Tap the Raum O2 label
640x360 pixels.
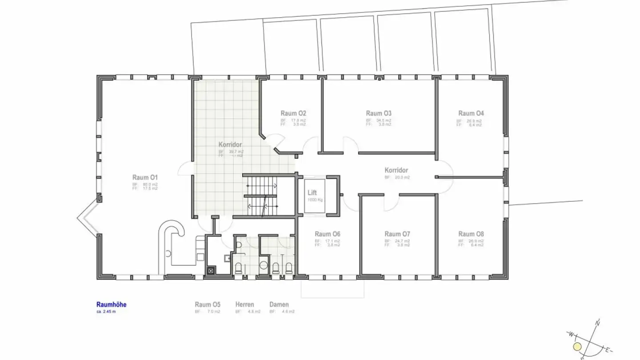(x=293, y=113)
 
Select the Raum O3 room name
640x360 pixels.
(x=379, y=113)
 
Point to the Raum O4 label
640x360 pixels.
(x=471, y=113)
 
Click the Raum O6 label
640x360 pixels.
(x=328, y=234)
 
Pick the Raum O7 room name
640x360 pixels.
(x=397, y=234)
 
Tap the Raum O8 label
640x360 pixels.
(x=471, y=234)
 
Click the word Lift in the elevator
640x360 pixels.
(x=312, y=193)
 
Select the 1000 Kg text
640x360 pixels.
(x=315, y=200)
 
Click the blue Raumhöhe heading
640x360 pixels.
(x=112, y=304)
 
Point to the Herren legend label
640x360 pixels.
(x=245, y=304)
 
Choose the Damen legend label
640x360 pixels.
(x=279, y=304)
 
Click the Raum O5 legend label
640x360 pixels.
(x=208, y=304)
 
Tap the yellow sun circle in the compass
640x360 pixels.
(x=577, y=347)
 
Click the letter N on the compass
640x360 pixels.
(x=598, y=322)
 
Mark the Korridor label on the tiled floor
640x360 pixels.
(x=230, y=145)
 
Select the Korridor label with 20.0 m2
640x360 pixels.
(x=396, y=170)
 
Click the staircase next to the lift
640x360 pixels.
(x=262, y=196)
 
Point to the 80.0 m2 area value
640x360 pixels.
(x=150, y=184)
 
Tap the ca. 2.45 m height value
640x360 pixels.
(x=106, y=312)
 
